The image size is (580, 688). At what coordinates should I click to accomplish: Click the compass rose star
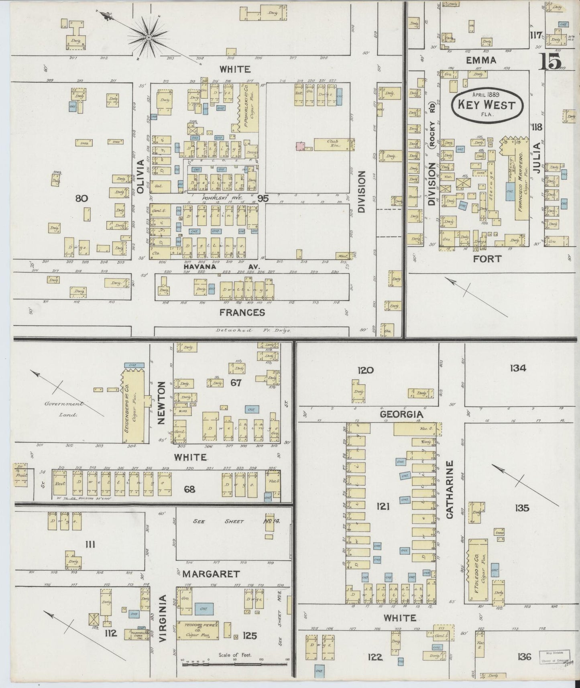[x=149, y=37]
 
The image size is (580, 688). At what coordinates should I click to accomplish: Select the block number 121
[x=383, y=507]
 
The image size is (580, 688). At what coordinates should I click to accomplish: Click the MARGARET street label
[x=211, y=574]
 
